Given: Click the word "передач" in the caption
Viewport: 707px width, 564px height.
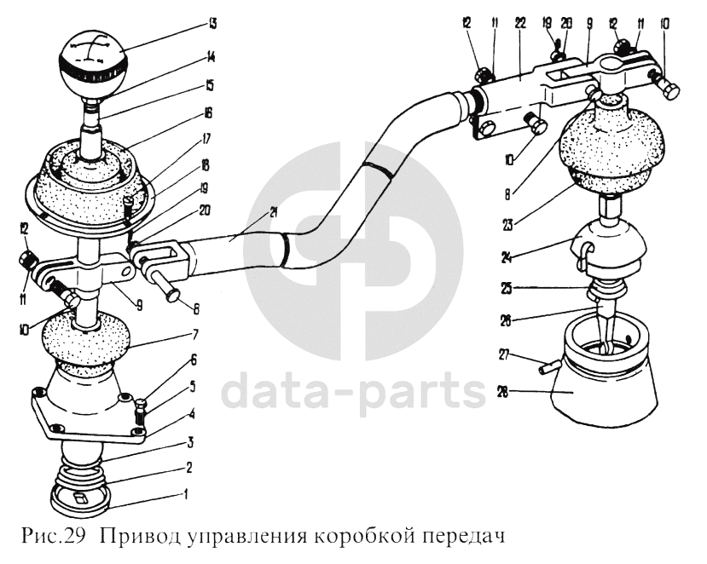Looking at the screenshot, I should [x=461, y=538].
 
